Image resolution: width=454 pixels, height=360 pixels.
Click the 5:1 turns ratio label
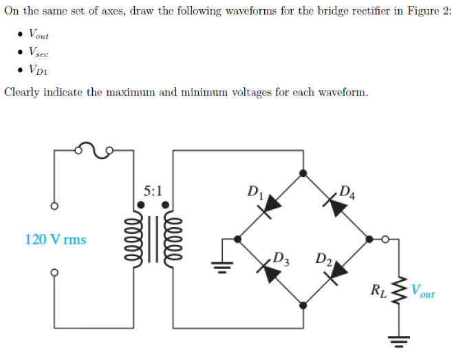tap(153, 190)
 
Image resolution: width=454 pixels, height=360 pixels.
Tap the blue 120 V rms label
tap(56, 240)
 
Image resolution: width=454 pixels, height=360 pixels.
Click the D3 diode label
tap(281, 260)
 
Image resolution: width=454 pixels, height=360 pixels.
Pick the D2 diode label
tap(324, 260)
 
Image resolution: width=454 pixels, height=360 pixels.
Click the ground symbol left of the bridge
tap(221, 265)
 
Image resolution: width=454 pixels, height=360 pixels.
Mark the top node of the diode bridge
tap(303, 174)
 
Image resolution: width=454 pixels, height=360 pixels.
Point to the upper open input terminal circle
tap(53, 207)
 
